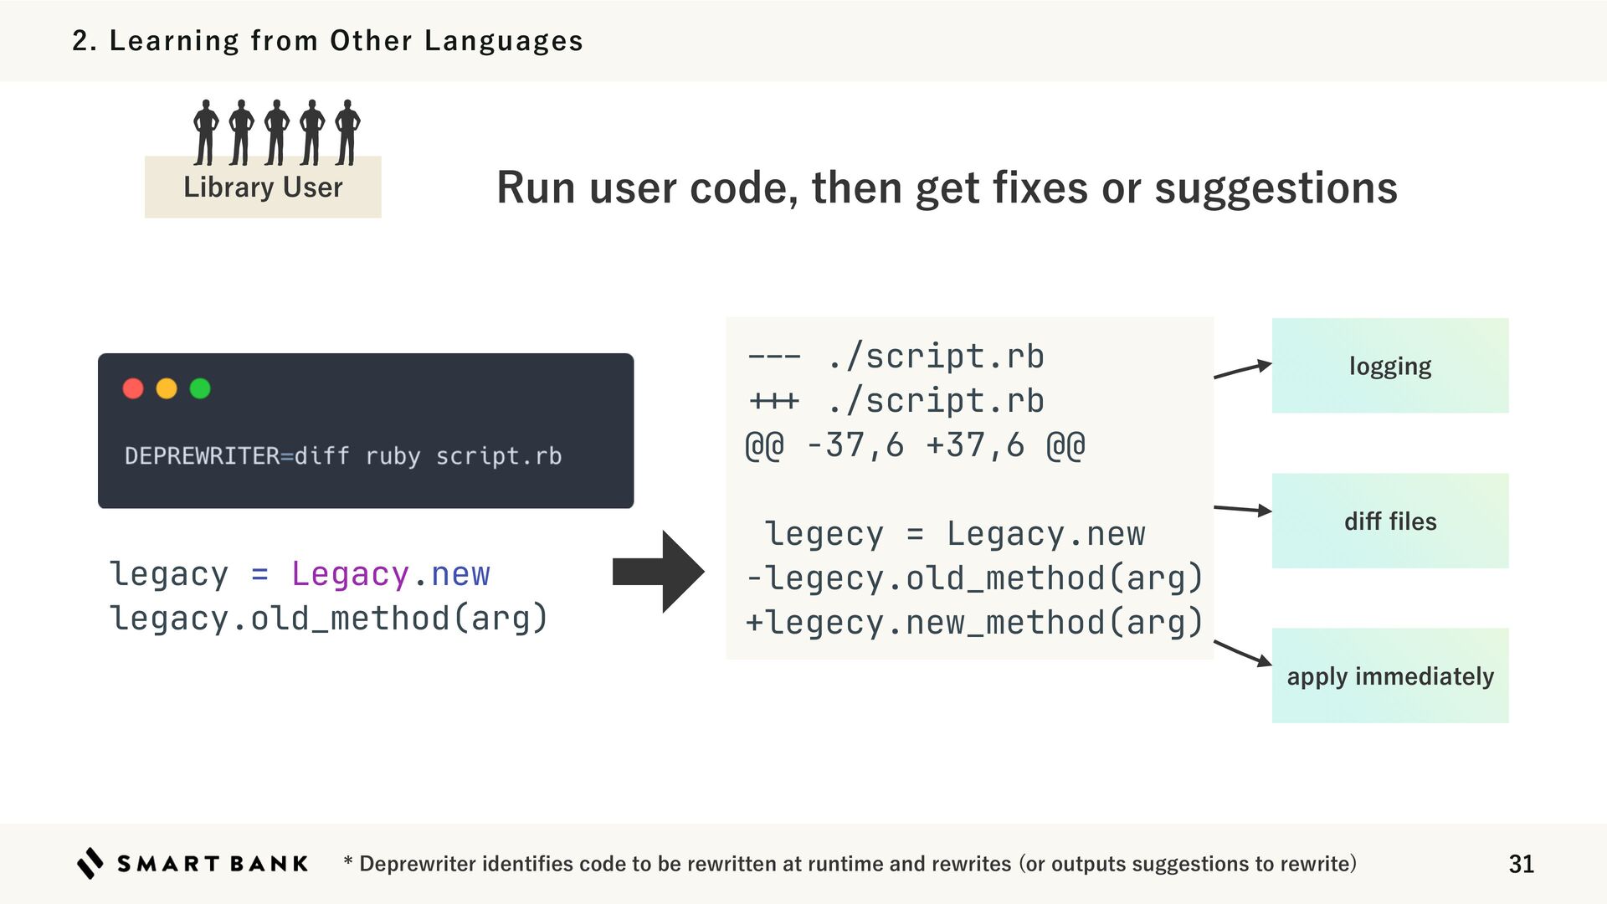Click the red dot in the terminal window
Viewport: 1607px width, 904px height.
[133, 388]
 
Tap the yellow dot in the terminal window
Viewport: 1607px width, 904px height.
[167, 388]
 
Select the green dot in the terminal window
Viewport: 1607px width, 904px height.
[200, 388]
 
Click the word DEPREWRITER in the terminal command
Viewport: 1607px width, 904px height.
[202, 456]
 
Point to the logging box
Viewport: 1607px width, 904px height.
[1389, 366]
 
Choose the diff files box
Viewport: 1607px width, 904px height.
[1389, 521]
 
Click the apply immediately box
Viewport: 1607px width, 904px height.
[1389, 675]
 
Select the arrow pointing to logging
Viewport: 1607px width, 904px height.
[1242, 369]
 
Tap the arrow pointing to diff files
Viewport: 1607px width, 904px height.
[1242, 509]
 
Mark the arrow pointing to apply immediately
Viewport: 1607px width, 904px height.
[1242, 653]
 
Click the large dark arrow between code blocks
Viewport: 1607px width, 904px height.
[659, 572]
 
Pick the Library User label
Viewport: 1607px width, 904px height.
[263, 187]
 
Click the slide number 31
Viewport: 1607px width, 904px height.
[1521, 864]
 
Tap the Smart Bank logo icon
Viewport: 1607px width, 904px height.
[90, 863]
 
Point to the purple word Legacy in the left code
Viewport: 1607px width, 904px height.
[350, 574]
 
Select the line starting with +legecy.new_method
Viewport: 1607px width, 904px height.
[973, 623]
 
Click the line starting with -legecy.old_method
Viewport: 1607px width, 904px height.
[973, 578]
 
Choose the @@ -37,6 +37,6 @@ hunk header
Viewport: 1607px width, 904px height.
[915, 445]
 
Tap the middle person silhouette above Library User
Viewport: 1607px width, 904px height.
[276, 132]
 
